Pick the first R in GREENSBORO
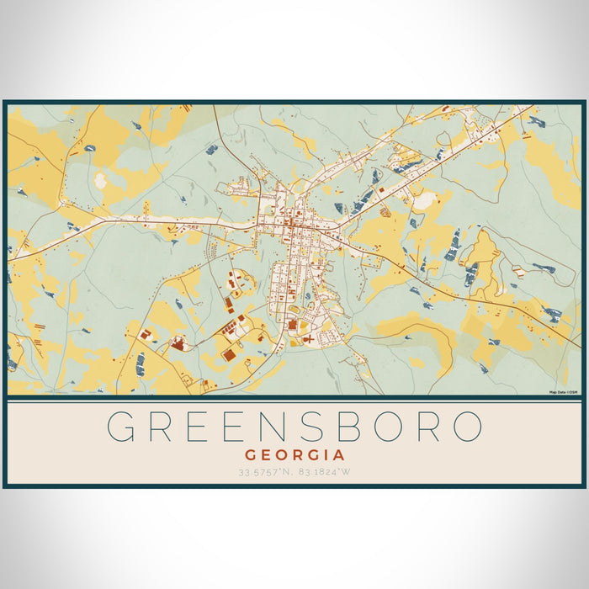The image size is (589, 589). click(165, 427)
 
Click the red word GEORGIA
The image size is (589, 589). click(294, 454)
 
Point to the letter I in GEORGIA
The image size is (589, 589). click(321, 454)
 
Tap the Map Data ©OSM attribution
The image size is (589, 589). click(563, 392)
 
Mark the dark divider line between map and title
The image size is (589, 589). click(294, 398)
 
